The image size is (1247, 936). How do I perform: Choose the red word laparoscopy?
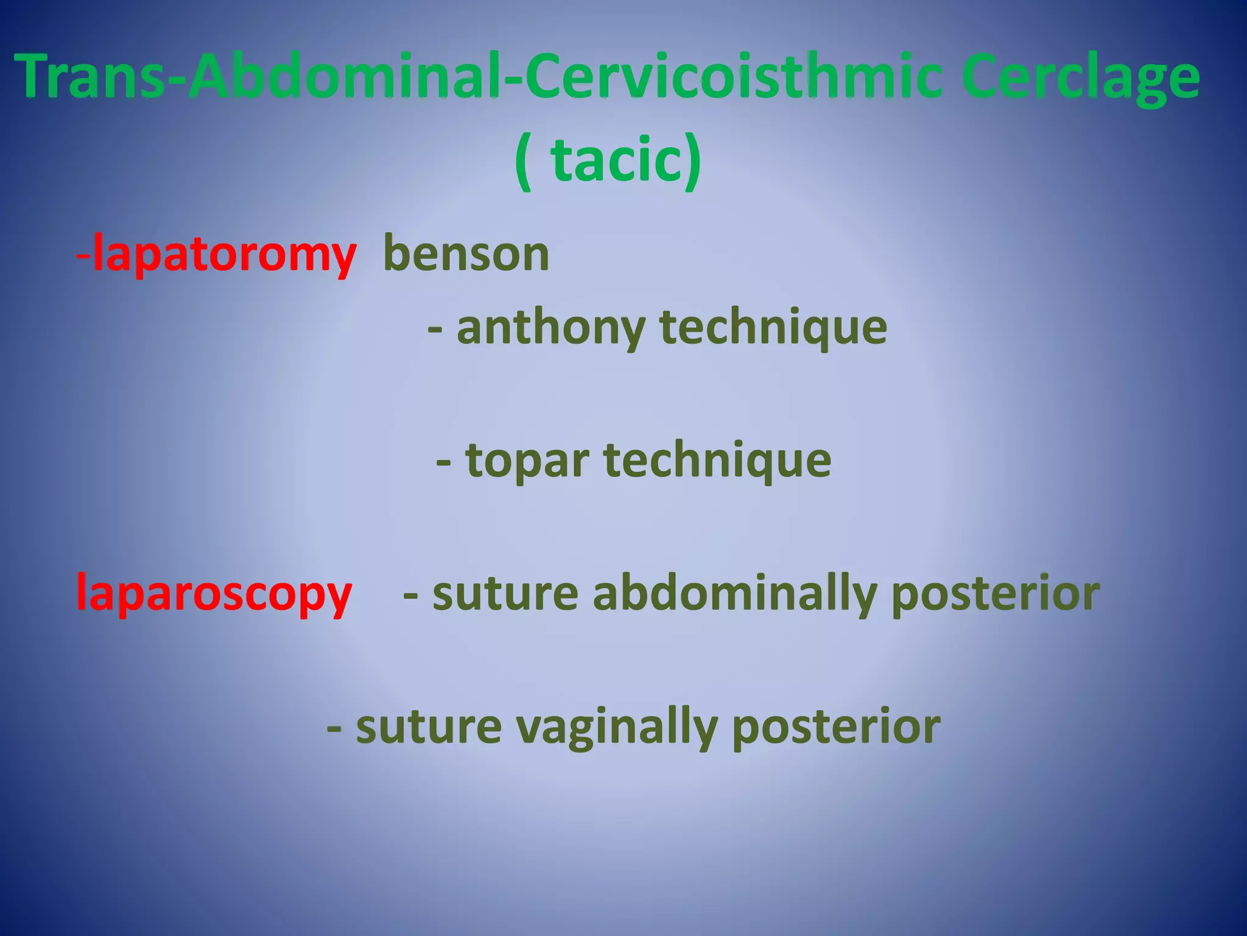[214, 594]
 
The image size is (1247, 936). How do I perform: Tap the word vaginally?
[616, 727]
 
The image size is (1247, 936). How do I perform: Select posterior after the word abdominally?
[996, 594]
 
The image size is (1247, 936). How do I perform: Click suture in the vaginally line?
[429, 727]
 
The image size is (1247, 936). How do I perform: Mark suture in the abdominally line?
[505, 594]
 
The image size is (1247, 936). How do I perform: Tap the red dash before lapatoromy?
[84, 257]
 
